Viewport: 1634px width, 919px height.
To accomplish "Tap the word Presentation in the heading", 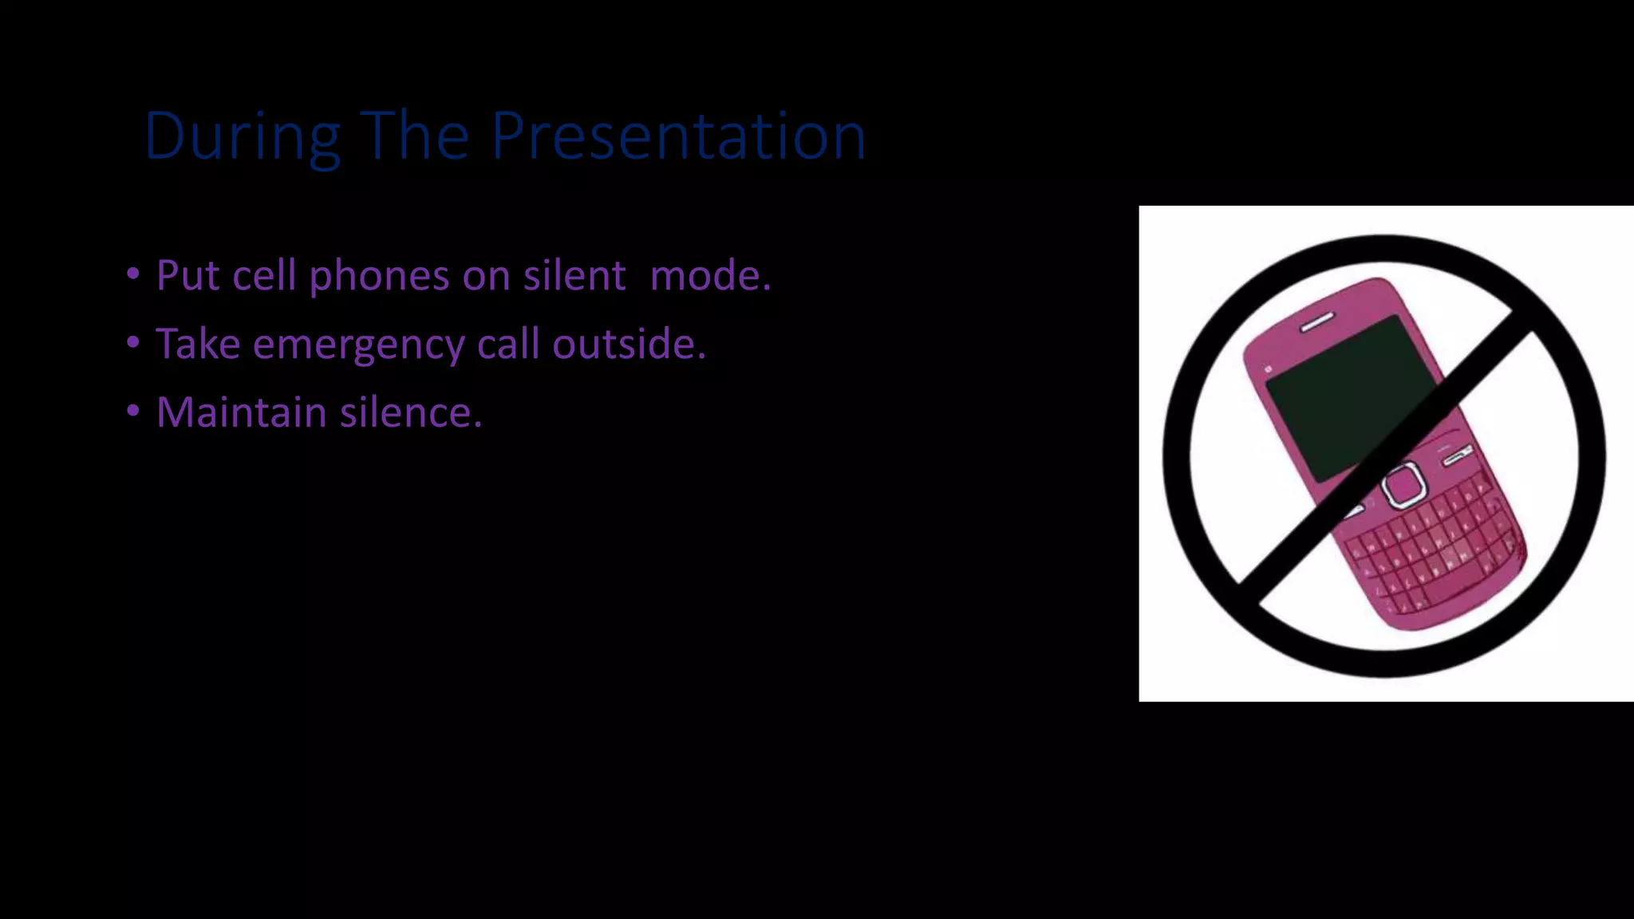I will [x=678, y=136].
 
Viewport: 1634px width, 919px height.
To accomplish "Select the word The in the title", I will [x=414, y=136].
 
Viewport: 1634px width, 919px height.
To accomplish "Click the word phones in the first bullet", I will [x=379, y=277].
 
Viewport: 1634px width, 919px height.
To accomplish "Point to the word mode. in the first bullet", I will [x=710, y=275].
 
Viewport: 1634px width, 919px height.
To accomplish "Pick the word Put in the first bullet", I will [x=187, y=275].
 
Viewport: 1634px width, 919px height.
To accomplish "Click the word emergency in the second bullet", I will [x=358, y=345].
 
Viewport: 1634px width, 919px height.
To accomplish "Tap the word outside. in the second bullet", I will [x=629, y=344].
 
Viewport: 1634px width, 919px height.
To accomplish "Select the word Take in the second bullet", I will [x=198, y=344].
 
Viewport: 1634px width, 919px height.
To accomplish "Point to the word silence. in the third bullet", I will [x=411, y=412].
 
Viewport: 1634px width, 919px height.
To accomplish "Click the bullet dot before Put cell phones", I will [x=133, y=274].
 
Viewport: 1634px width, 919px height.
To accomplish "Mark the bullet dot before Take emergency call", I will [x=133, y=343].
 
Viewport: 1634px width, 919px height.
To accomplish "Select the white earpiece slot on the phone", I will [x=1317, y=321].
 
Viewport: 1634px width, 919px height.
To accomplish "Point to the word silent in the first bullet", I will [x=574, y=275].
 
